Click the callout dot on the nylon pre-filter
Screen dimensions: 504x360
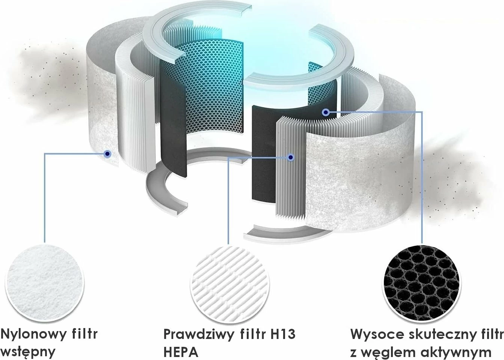click(108, 154)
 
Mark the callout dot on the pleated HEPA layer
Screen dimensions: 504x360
click(291, 157)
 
